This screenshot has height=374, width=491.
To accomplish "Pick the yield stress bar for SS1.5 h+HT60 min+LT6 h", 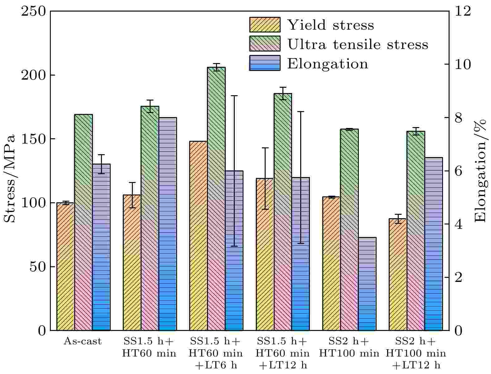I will [x=198, y=236].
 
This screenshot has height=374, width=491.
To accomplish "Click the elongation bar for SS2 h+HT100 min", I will [x=367, y=284].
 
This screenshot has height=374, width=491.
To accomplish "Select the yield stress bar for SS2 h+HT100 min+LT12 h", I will [x=398, y=274].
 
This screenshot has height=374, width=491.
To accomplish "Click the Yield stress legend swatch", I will [x=265, y=25].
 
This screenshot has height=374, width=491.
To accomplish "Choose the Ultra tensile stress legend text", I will [x=358, y=44].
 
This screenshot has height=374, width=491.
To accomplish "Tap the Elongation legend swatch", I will [x=265, y=63].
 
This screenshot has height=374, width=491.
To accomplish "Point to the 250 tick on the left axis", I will [x=33, y=12].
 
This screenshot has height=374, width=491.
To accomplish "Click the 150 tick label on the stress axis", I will [x=33, y=139].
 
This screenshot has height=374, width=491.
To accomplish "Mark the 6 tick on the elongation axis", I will [x=459, y=171].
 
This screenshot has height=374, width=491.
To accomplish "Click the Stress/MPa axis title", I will [x=10, y=179].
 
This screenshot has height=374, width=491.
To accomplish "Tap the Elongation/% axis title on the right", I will [x=481, y=170].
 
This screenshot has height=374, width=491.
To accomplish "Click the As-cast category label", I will [x=83, y=342].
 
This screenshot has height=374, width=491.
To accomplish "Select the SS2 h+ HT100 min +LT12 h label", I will [x=416, y=353].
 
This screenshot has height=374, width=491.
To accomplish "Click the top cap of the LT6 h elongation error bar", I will [x=234, y=96].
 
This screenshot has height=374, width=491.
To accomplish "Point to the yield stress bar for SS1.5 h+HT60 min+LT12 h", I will [x=265, y=254].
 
